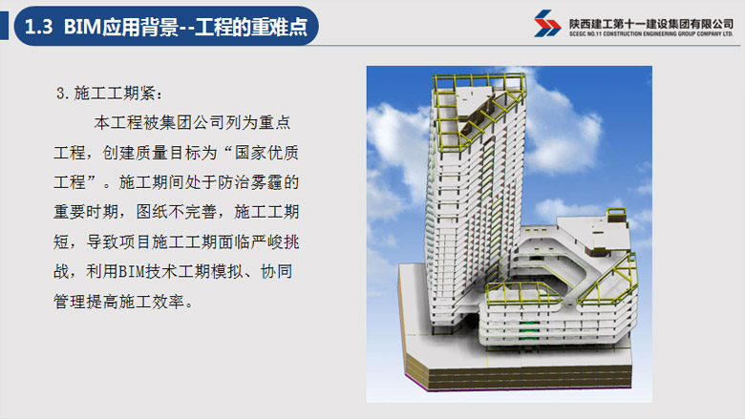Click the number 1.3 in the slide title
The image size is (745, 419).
[38, 27]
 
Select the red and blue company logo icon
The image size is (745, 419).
[547, 23]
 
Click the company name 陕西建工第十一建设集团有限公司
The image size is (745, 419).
[651, 24]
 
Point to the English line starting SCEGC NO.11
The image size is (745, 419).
[651, 33]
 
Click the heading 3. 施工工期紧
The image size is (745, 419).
[109, 94]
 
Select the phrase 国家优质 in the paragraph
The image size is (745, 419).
[266, 153]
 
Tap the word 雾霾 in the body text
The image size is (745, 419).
[266, 182]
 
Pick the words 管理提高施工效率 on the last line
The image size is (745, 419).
[118, 302]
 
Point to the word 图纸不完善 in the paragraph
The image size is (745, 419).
[177, 212]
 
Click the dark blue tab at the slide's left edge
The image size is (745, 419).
[4, 26]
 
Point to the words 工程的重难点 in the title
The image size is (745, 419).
[251, 27]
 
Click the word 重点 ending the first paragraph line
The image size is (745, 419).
[274, 123]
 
